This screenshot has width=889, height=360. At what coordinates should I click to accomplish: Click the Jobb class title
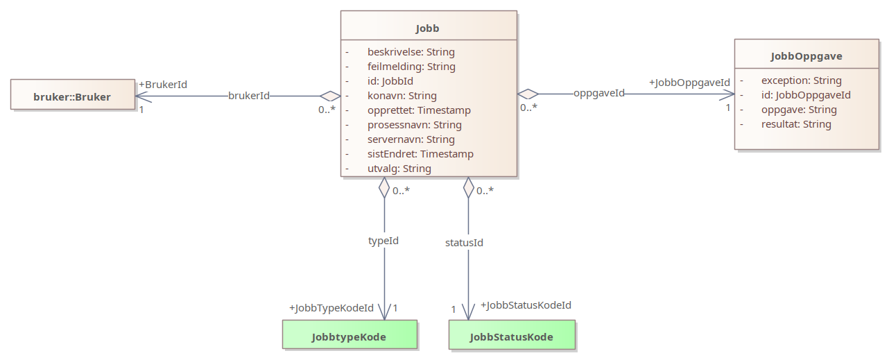(427, 28)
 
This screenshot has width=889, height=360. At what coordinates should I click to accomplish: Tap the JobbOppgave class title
(806, 56)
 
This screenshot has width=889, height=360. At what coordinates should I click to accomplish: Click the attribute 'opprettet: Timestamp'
(419, 110)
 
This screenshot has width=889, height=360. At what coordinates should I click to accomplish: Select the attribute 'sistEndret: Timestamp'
(420, 154)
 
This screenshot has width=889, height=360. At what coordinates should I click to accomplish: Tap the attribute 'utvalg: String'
(399, 169)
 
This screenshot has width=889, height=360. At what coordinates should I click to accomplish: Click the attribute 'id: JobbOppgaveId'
(806, 95)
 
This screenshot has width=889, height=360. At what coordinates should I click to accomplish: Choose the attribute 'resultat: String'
(796, 124)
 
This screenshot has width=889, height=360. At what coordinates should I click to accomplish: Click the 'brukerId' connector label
(249, 96)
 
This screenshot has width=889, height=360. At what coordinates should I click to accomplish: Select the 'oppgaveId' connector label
(599, 93)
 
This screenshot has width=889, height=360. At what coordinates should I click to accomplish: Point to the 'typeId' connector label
(383, 241)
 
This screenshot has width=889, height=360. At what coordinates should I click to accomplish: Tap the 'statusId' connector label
(464, 243)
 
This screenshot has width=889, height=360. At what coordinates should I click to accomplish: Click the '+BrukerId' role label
(163, 85)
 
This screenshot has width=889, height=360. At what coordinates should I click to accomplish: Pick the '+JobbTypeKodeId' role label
(331, 307)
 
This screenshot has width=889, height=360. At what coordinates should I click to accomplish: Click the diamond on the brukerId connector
(330, 96)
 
